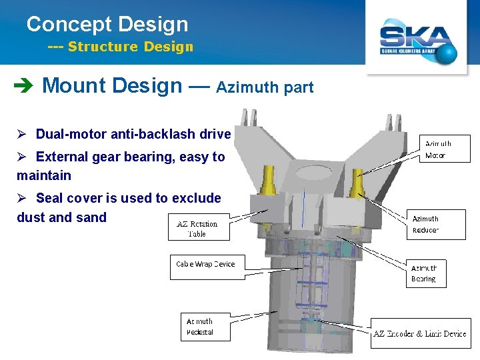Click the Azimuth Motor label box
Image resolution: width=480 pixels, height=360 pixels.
pos(446,149)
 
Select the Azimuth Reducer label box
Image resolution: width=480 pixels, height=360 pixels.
pos(436,224)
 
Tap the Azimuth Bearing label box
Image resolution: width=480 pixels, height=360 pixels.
pos(426,273)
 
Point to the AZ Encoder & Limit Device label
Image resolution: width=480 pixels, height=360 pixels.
pos(420,333)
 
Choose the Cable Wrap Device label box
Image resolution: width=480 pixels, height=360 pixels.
pos(206,264)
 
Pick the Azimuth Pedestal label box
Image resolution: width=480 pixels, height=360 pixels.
pos(205,327)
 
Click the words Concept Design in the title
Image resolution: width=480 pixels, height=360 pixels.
pos(107,25)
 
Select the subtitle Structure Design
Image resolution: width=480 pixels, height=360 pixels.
pos(130,47)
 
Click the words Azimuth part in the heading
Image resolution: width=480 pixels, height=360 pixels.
pos(265,87)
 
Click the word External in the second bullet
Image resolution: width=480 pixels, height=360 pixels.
pos(64,157)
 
